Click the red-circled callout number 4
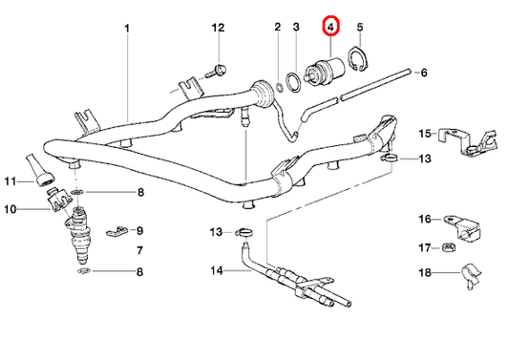pos(330,27)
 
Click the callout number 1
pos(126,28)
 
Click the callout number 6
pos(423,74)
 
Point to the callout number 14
pos(216,270)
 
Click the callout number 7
pos(140,250)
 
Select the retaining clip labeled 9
pos(115,230)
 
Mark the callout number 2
pos(278,27)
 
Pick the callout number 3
pos(297,27)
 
